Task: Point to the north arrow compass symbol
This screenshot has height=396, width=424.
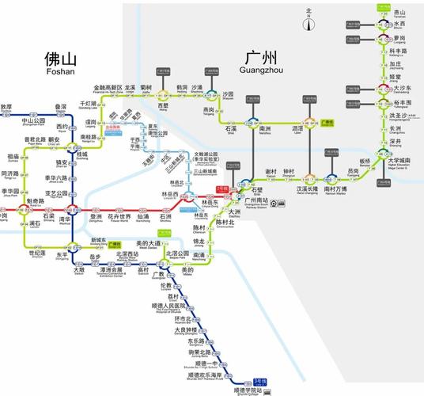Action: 309,16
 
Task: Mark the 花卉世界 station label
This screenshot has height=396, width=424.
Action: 119,216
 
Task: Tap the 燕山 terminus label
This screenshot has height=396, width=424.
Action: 400,13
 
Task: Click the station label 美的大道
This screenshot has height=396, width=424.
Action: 148,242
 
